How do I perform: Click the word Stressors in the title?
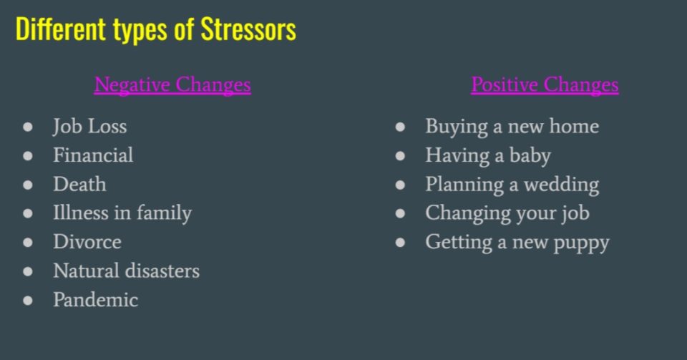pos(248,29)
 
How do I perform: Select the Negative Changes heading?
pos(172,84)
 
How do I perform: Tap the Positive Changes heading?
pos(545,84)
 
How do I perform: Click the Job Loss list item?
pos(90,126)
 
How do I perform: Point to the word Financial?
pos(93,155)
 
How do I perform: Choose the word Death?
pos(79,184)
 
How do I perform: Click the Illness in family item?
pos(122,213)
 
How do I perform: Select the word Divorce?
pos(87,242)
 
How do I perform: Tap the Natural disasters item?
pos(126,271)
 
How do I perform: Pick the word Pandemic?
pos(95,300)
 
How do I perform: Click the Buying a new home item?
pos(512,127)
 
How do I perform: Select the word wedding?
pos(562,185)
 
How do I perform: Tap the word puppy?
pos(581,243)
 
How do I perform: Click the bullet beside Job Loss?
pos(28,127)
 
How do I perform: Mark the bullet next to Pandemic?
pos(28,301)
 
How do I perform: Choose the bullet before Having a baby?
pos(400,156)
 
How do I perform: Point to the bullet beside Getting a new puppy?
pos(400,243)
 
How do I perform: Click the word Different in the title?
pos(61,29)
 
